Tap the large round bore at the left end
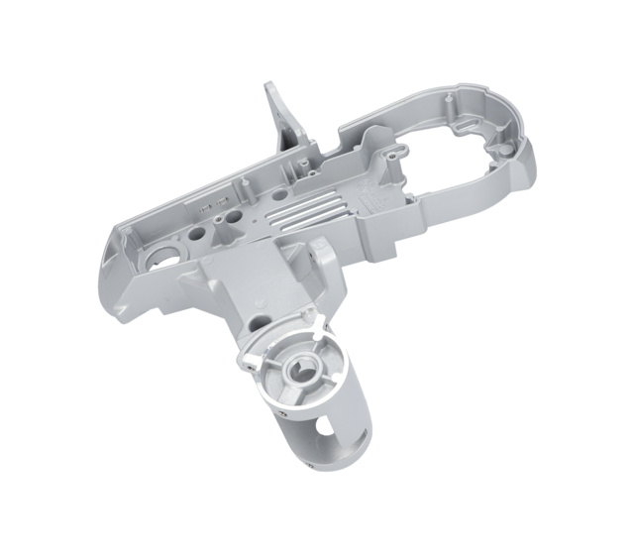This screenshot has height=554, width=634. tap(159, 258)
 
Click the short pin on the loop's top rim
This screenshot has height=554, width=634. tap(448, 98)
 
